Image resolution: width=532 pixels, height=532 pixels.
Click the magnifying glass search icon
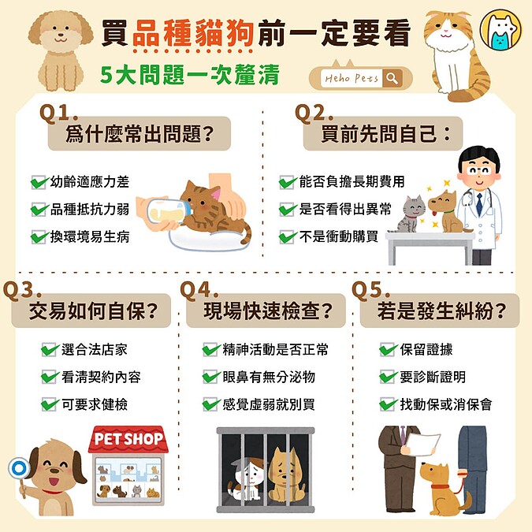click(x=392, y=79)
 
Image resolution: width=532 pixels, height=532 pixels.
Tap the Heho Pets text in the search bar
click(x=352, y=79)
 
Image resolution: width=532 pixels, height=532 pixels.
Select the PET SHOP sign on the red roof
click(x=128, y=439)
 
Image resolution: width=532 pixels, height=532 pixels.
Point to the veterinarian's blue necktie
click(x=479, y=203)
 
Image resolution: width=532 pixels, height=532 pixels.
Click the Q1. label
click(x=58, y=113)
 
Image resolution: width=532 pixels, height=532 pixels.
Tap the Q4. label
click(x=199, y=290)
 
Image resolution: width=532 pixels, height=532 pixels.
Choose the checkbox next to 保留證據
click(x=387, y=350)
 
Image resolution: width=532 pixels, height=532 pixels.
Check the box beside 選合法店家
click(x=49, y=350)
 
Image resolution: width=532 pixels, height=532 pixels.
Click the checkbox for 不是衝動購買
click(x=287, y=236)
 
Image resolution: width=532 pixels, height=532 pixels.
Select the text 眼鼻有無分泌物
click(x=269, y=378)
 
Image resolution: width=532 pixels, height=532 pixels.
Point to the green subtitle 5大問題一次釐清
click(x=190, y=74)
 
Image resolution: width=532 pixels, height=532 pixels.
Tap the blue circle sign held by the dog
click(x=19, y=468)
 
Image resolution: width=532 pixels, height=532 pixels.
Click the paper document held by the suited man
click(x=422, y=443)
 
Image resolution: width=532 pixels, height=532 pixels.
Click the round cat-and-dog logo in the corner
click(x=501, y=30)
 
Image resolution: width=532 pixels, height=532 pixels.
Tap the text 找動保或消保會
click(x=446, y=404)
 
